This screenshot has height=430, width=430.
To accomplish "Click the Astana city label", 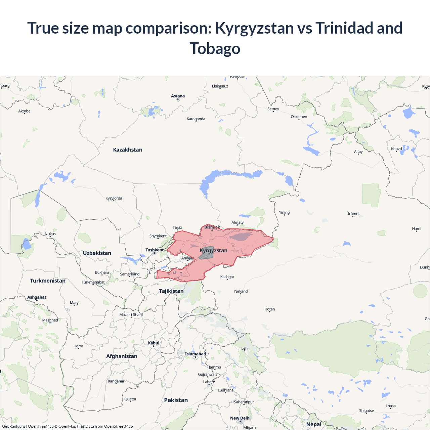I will point(178,96).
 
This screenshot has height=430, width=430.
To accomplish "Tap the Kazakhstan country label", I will point(128,150).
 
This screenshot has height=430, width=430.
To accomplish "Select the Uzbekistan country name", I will point(97,253).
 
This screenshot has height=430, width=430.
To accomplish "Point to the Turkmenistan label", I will point(48,281).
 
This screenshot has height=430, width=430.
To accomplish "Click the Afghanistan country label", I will point(122,356).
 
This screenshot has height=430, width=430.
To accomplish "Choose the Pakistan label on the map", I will point(176,400).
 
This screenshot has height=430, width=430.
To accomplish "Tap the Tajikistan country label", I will point(171,291).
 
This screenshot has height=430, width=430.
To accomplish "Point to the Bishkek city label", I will point(212,227).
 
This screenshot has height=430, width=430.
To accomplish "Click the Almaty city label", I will point(238,222).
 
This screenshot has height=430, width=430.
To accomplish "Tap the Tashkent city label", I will point(155,250).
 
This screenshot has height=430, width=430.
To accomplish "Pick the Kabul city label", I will point(154,343).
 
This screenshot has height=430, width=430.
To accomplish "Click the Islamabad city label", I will point(195,354).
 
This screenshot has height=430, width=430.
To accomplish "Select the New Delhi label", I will point(240,418).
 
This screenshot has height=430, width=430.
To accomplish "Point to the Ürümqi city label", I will point(353,214).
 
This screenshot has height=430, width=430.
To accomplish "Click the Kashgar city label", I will point(227,277).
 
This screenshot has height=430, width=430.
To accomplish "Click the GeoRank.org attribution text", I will point(13,426).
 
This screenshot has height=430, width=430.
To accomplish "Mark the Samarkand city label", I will point(130,274).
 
